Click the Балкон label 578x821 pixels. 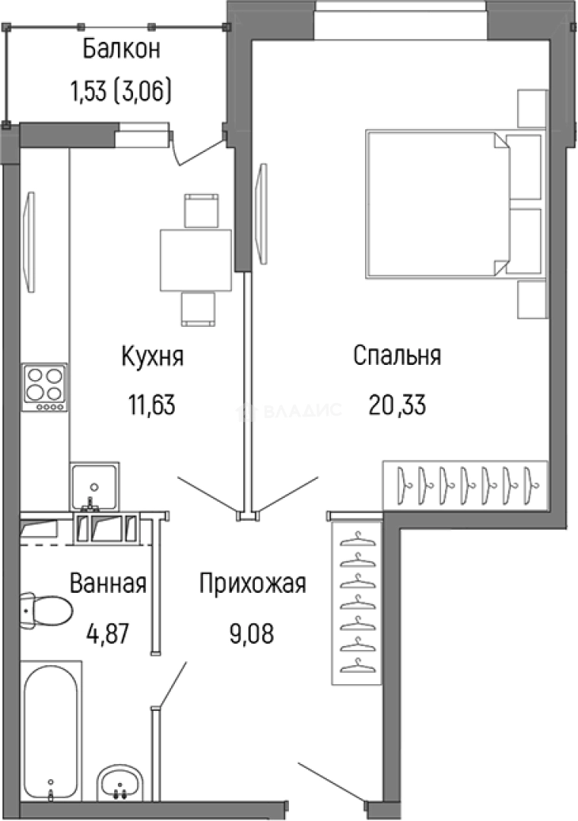pyautogui.click(x=121, y=51)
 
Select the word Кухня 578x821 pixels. pyautogui.click(x=152, y=356)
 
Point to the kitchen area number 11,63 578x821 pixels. pyautogui.click(x=152, y=405)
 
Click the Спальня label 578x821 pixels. pyautogui.click(x=397, y=356)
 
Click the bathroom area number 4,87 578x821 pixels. pyautogui.click(x=108, y=632)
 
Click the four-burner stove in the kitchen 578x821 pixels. pyautogui.click(x=44, y=388)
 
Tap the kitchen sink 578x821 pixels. pyautogui.click(x=94, y=485)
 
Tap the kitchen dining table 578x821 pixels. pyautogui.click(x=195, y=260)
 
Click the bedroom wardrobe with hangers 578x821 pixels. pyautogui.click(x=465, y=483)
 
